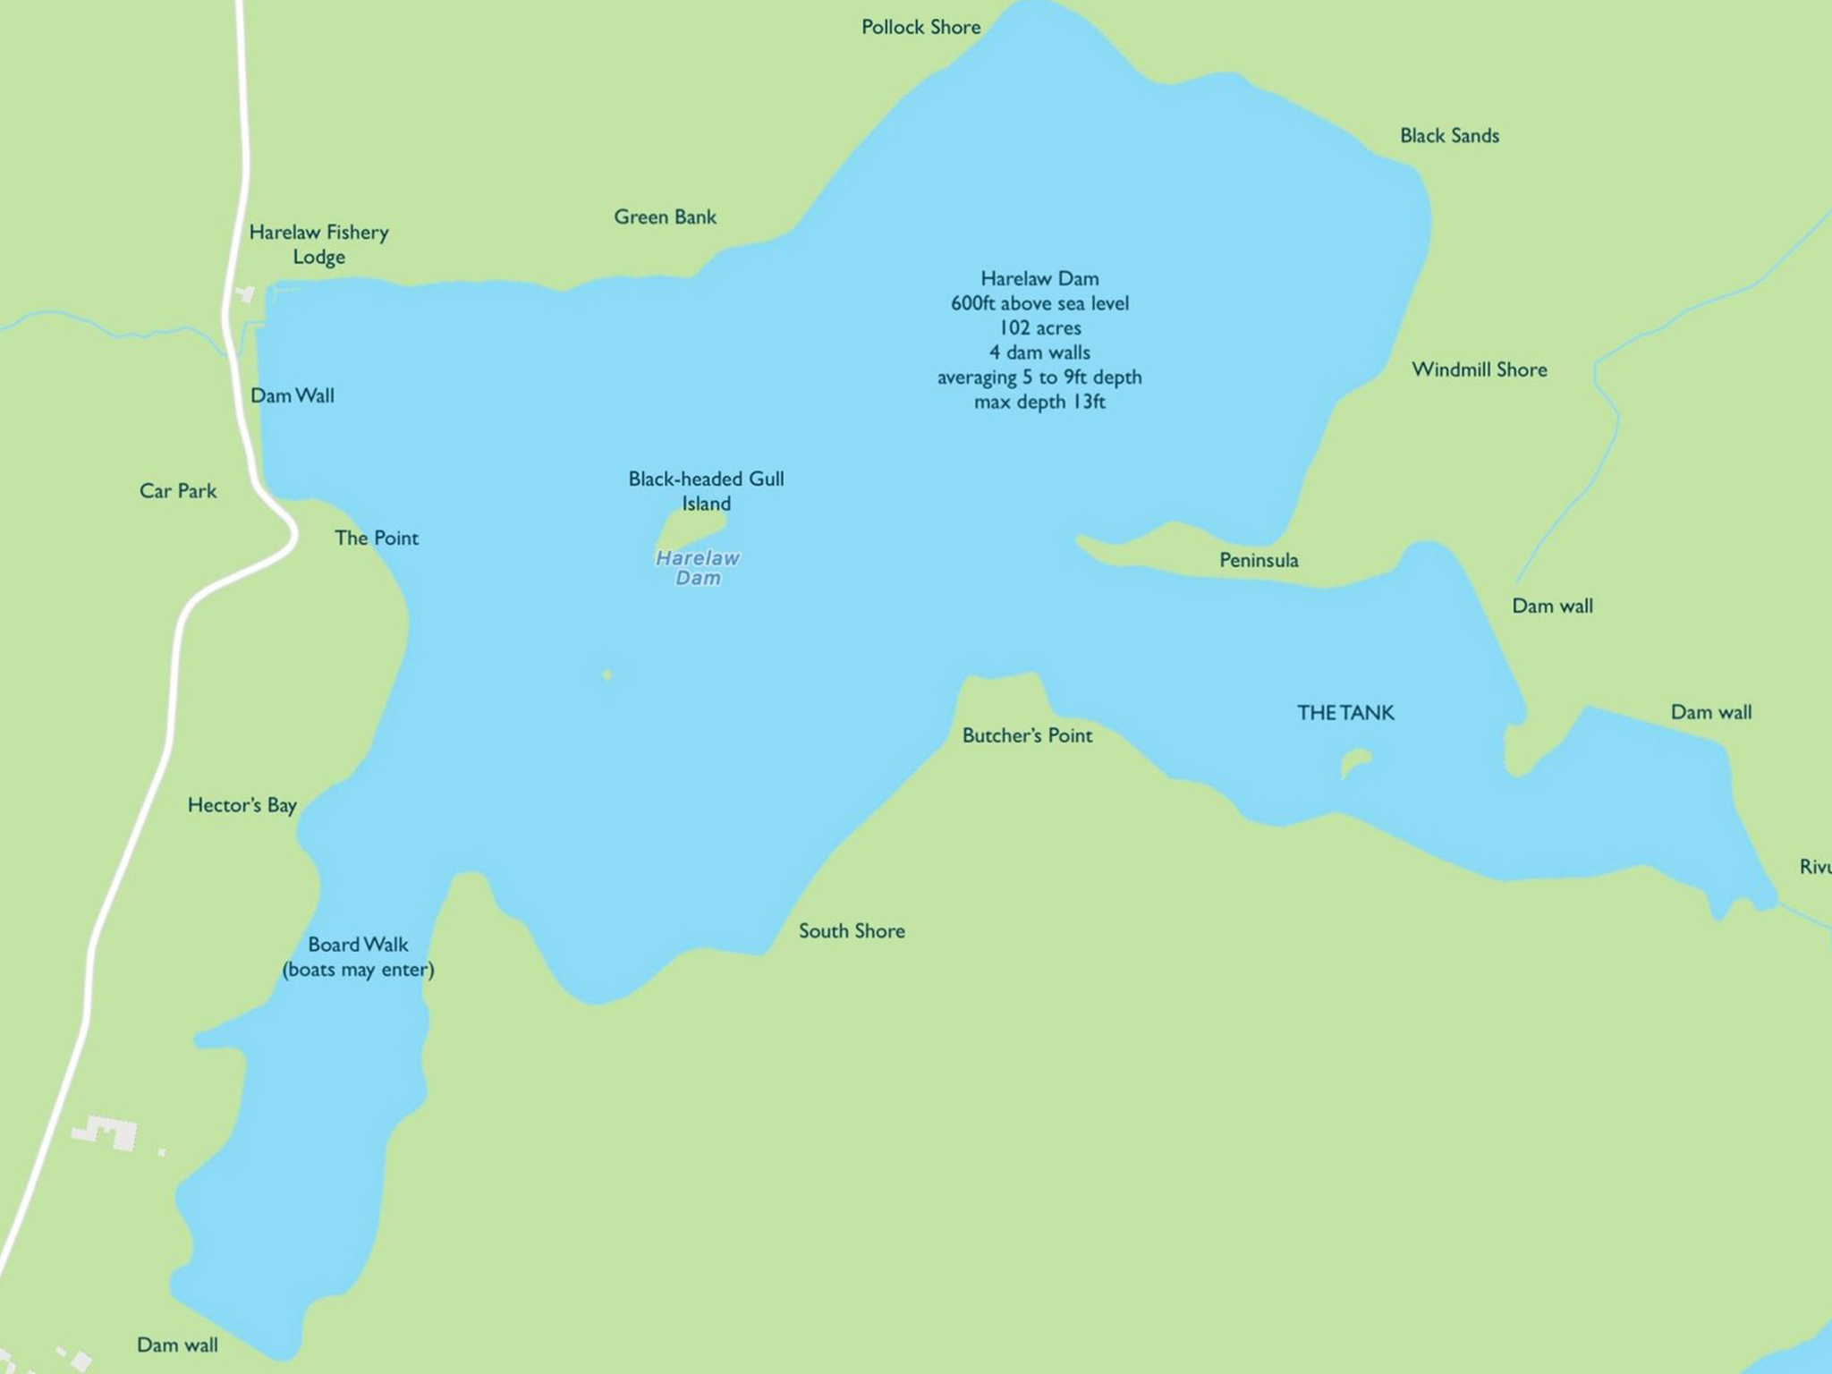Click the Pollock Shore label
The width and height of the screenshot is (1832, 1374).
920,28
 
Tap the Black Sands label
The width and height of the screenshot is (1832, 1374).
1449,136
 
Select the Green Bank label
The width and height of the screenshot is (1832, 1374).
665,217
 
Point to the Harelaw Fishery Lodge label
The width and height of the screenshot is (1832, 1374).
318,244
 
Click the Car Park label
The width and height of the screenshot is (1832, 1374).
178,491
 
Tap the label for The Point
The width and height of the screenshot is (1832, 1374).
376,539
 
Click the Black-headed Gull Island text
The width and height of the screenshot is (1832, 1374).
706,491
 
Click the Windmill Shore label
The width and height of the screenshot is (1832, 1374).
1479,369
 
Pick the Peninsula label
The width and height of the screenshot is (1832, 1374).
1259,561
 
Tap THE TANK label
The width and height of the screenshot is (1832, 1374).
1345,713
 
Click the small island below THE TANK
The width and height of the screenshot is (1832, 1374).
1354,763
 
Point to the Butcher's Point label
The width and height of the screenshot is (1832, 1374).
1027,735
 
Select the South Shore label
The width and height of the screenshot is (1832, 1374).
852,931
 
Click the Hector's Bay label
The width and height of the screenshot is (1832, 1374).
242,805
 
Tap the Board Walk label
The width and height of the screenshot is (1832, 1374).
358,945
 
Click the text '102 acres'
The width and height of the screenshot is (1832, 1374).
1039,328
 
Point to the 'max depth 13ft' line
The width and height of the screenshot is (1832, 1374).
1039,403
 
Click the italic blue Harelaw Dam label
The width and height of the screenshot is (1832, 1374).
698,568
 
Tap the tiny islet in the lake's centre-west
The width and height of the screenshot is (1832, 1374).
607,674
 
